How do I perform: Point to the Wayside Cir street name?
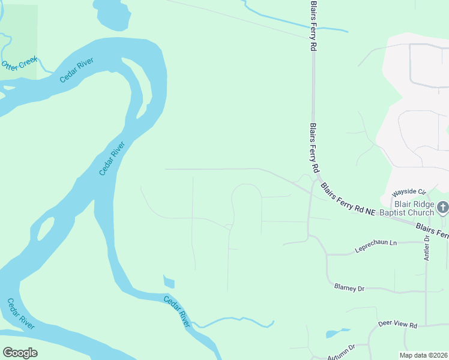pyautogui.click(x=408, y=193)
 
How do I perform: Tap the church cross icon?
pyautogui.click(x=443, y=208)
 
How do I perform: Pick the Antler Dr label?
pyautogui.click(x=427, y=247)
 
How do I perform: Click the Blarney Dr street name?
pyautogui.click(x=349, y=288)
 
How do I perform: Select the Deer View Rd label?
pyautogui.click(x=397, y=324)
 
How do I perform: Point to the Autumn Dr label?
pyautogui.click(x=342, y=349)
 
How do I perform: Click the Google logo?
pyautogui.click(x=20, y=352)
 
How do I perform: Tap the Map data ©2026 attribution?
pyautogui.click(x=423, y=355)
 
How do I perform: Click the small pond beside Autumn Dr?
pyautogui.click(x=334, y=333)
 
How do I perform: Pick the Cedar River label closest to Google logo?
pyautogui.click(x=20, y=314)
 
